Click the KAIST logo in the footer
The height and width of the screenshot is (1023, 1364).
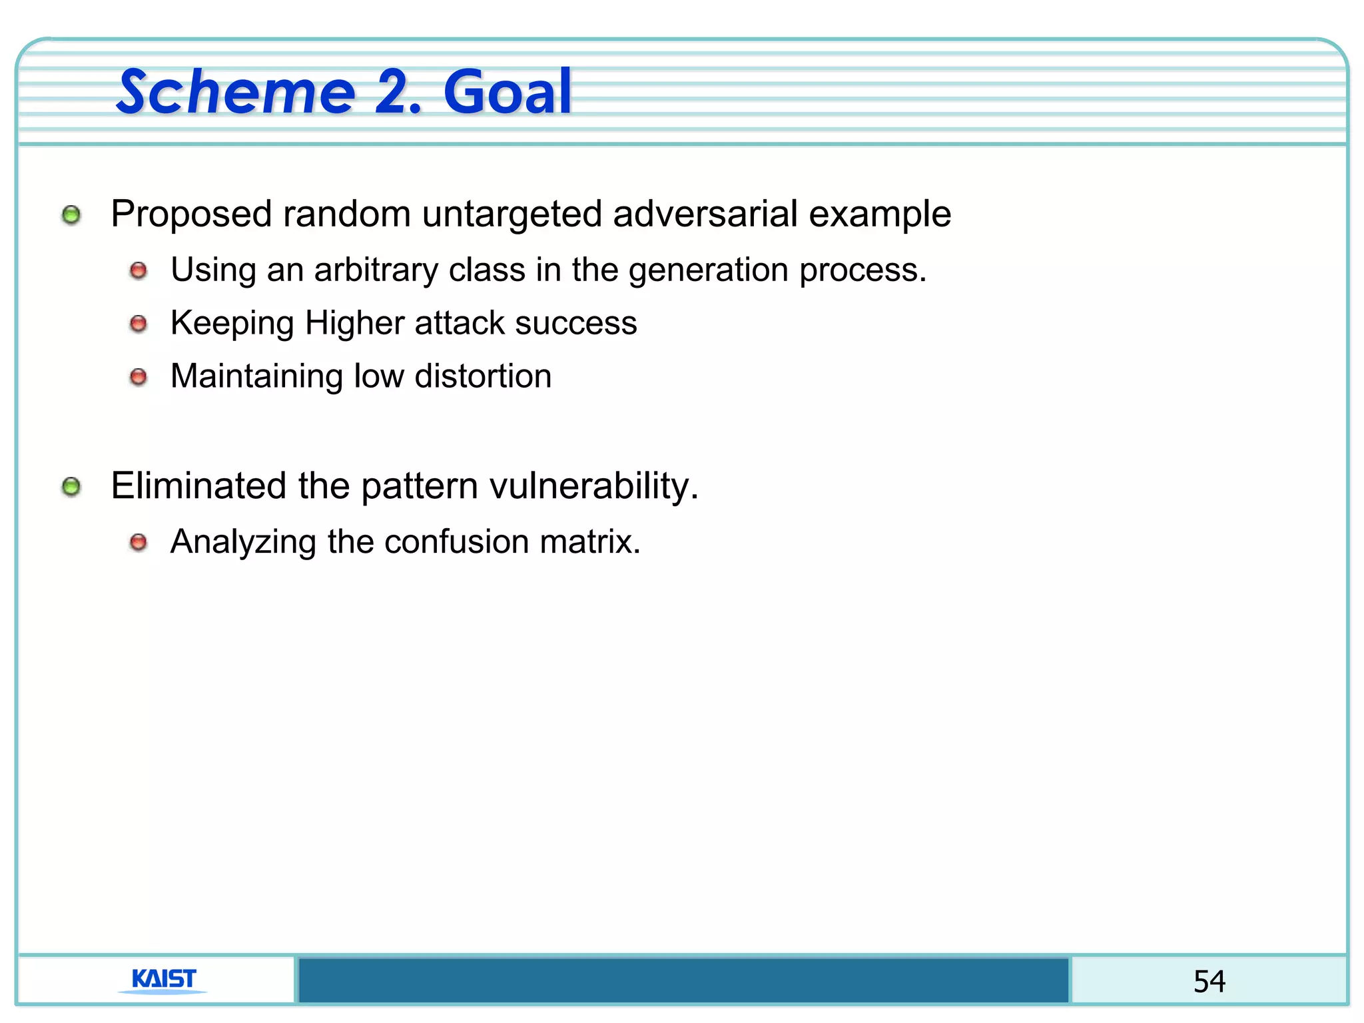click(x=163, y=980)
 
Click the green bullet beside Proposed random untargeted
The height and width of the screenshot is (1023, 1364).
click(x=71, y=215)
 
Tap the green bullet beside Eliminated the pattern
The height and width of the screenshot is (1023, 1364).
click(x=71, y=487)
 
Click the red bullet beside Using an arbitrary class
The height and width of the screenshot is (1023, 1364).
click(x=138, y=270)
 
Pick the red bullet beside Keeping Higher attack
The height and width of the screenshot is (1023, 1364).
click(x=138, y=324)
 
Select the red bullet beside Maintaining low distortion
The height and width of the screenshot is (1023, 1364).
click(x=138, y=377)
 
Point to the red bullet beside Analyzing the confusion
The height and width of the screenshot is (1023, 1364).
click(x=138, y=542)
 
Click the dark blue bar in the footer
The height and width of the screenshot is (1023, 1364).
click(x=683, y=980)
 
